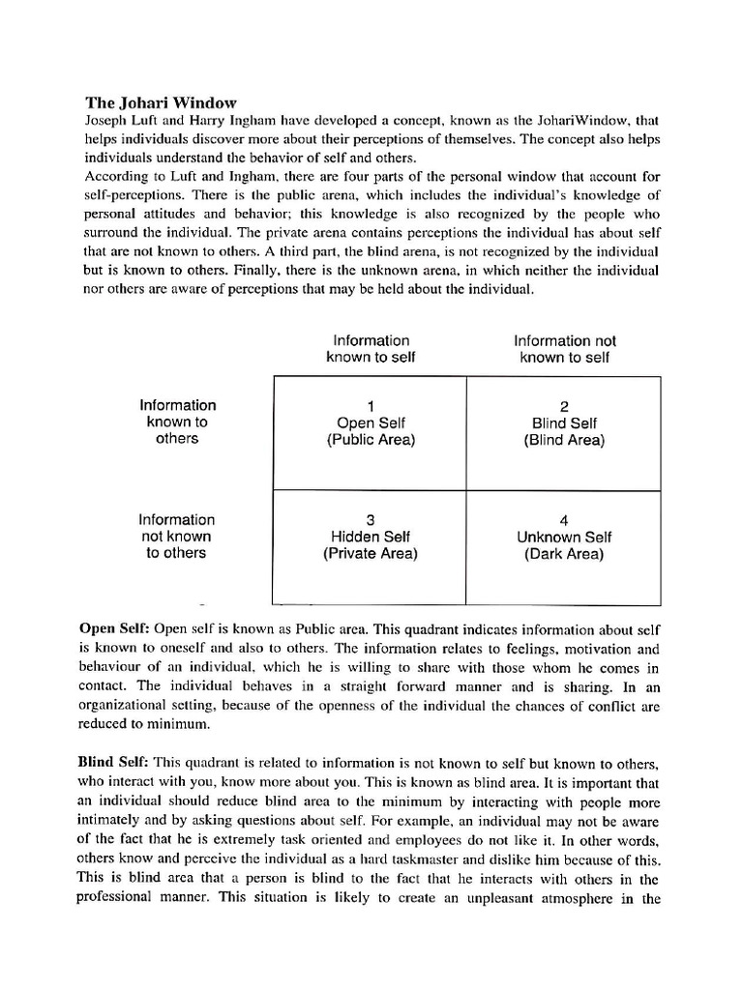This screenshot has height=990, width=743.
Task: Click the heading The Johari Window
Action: click(x=161, y=102)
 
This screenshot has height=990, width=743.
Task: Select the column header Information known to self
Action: click(x=371, y=349)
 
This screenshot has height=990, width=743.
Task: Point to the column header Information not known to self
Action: click(x=564, y=349)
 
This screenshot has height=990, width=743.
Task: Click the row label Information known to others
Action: click(x=177, y=422)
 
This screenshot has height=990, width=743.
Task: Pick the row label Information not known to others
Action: click(x=177, y=537)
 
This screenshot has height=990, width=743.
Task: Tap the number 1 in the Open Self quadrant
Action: click(x=371, y=406)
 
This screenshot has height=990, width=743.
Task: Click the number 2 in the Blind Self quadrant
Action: click(x=564, y=406)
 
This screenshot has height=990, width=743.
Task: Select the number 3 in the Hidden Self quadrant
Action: click(x=371, y=520)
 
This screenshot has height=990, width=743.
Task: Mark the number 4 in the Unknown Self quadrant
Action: click(x=564, y=520)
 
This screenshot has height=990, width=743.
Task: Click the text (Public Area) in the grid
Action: click(x=371, y=440)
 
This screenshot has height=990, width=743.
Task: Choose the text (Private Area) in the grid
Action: click(x=371, y=554)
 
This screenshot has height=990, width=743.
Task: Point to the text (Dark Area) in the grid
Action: click(x=564, y=554)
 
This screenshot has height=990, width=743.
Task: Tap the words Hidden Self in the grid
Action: click(x=371, y=538)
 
